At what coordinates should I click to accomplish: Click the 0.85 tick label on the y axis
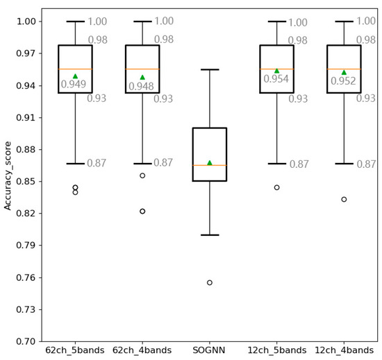coord(25,182)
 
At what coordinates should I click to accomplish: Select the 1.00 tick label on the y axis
coord(25,22)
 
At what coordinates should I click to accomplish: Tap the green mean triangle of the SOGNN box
coord(210,163)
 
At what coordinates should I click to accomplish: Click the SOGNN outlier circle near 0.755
coord(210,282)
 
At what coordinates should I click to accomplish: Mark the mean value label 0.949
coord(74,85)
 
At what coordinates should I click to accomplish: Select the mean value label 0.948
coord(141,87)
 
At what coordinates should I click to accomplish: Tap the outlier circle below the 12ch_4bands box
coord(344,199)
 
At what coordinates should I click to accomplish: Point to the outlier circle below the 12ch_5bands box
coord(276,187)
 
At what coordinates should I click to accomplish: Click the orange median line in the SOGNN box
coord(210,165)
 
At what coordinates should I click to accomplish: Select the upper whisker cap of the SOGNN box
coord(210,69)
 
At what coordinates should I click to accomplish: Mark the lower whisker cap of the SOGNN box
coord(210,235)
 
